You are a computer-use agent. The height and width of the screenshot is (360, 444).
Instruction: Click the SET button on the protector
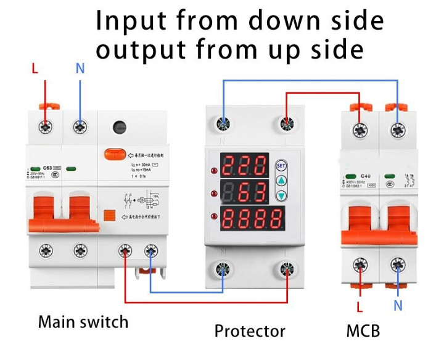[281, 165]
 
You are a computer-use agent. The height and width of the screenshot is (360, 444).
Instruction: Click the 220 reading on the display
[244, 166]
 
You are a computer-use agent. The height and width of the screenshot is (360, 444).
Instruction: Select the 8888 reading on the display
[252, 219]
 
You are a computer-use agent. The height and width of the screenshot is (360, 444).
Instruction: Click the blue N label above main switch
[80, 68]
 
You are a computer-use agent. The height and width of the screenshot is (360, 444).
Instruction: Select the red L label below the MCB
[359, 306]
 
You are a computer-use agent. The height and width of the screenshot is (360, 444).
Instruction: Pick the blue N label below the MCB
[398, 305]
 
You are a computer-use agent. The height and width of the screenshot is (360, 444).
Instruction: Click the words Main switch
[83, 322]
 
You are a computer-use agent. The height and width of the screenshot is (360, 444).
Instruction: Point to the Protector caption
[250, 330]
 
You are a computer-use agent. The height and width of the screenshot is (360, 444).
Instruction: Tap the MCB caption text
[363, 330]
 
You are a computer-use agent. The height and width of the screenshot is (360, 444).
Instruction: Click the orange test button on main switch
[113, 153]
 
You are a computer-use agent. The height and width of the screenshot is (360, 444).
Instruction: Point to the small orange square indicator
[110, 216]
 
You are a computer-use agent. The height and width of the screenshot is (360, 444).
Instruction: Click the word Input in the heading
[131, 20]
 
